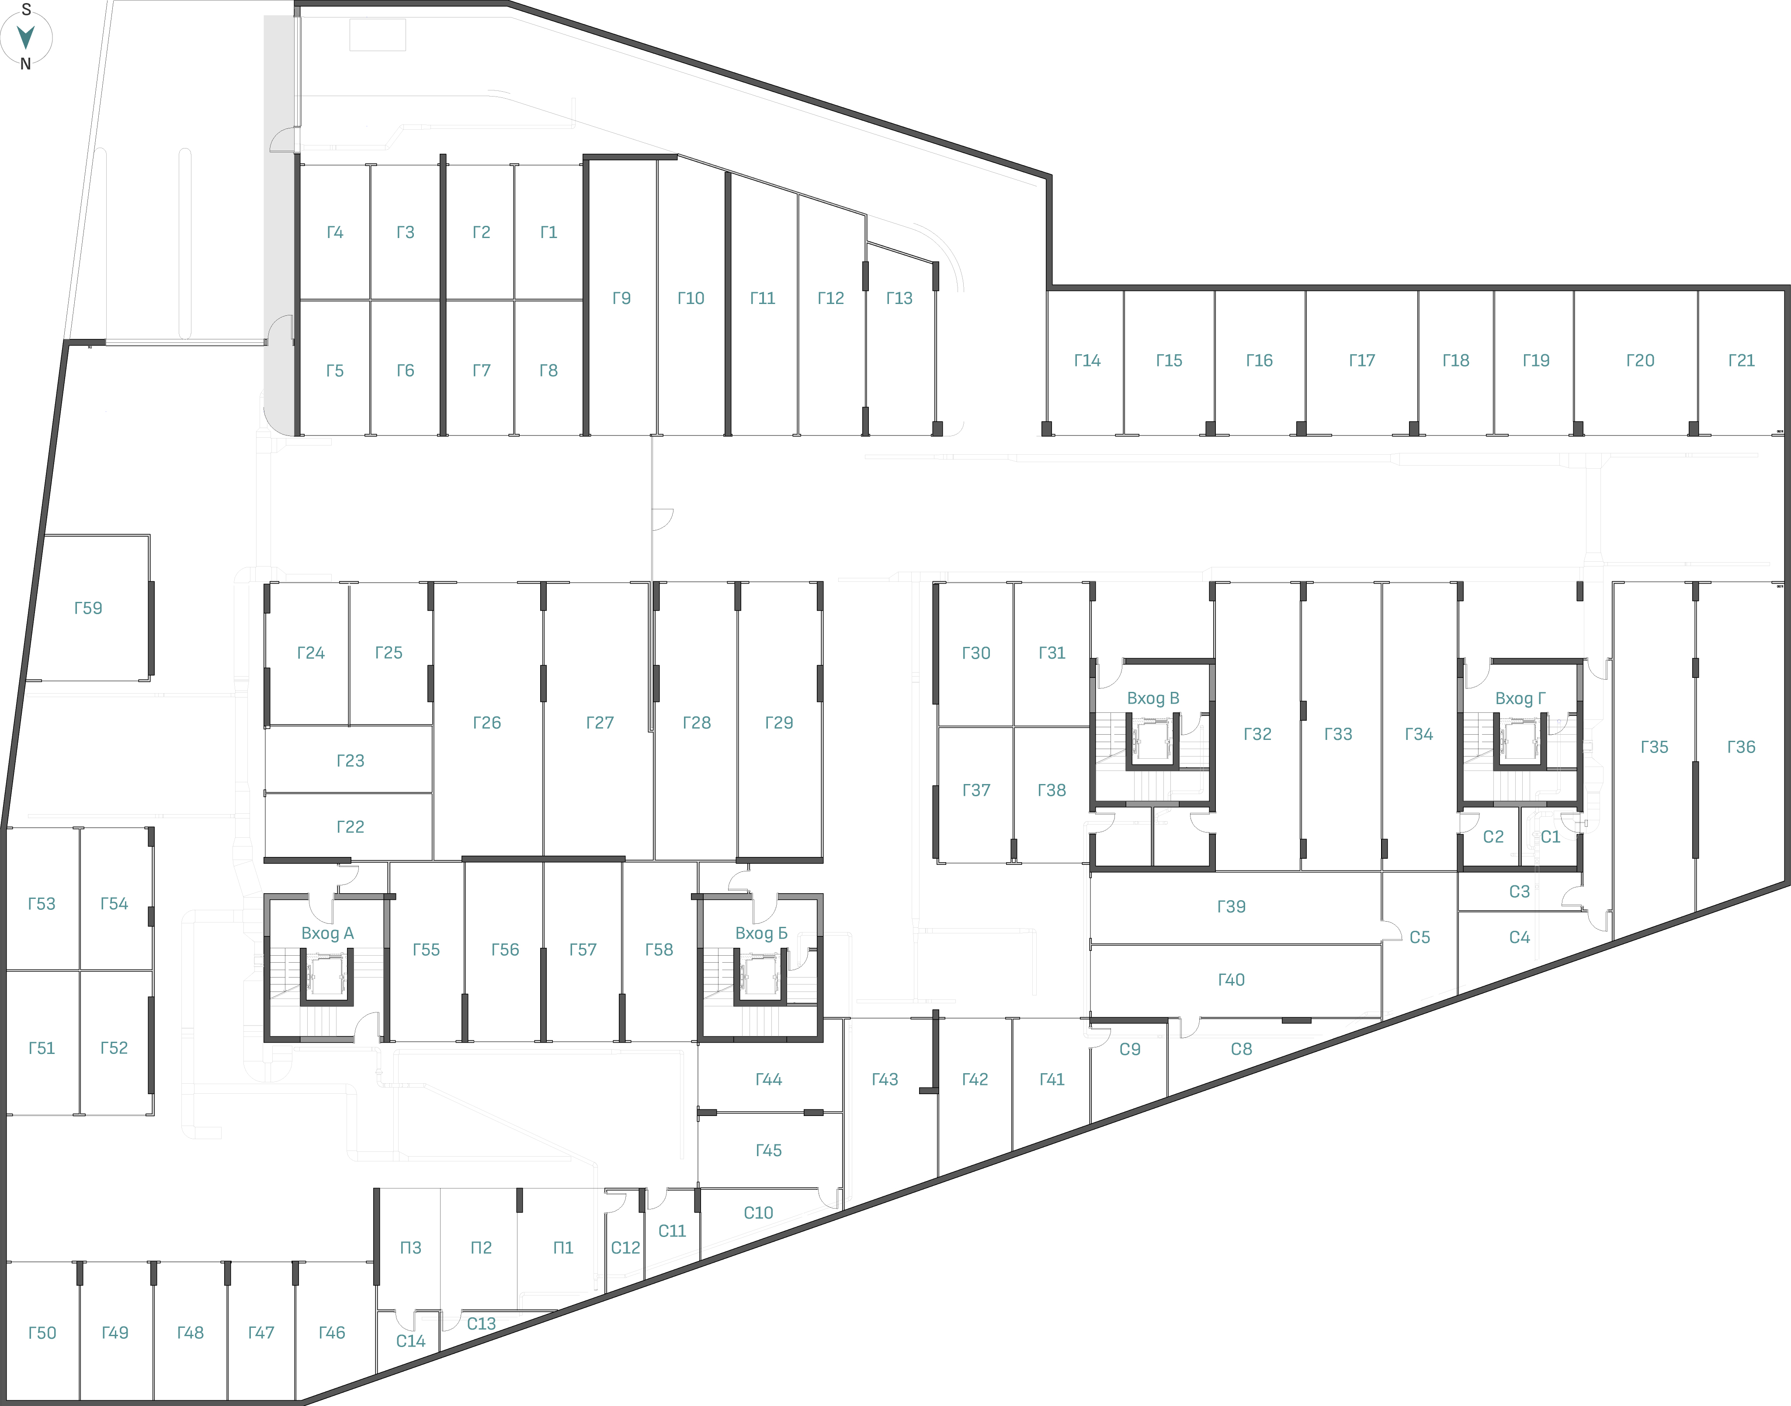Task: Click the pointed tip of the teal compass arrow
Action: pyautogui.click(x=25, y=48)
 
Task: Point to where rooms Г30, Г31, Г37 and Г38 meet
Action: pyautogui.click(x=1014, y=727)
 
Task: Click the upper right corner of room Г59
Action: pyautogui.click(x=150, y=536)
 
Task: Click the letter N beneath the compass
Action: pyautogui.click(x=25, y=64)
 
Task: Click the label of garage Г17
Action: pyautogui.click(x=1362, y=360)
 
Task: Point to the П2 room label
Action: pyautogui.click(x=481, y=1248)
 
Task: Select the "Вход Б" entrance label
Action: pyautogui.click(x=761, y=933)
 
